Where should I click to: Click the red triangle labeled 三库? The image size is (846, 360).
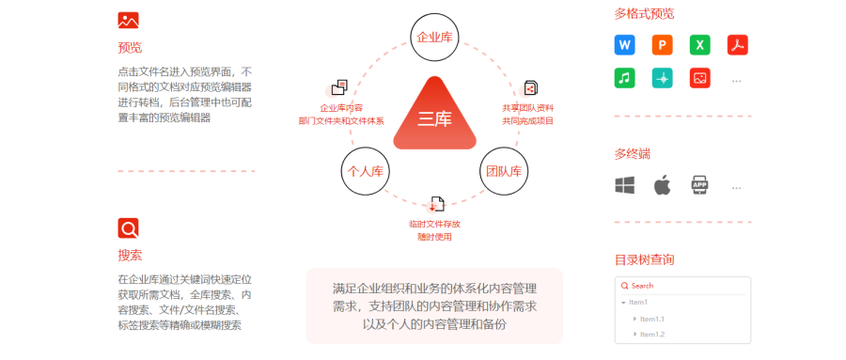434,117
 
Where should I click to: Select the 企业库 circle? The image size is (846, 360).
434,38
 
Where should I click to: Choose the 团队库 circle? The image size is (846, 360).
505,171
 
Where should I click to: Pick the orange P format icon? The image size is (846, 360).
663,45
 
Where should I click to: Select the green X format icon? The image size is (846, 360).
699,45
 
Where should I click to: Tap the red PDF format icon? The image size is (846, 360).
737,45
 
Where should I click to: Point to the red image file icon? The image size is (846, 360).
699,79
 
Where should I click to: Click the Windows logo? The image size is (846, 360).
625,185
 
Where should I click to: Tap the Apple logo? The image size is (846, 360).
663,185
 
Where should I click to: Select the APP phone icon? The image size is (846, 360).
699,185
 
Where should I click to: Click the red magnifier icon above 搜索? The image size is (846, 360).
129,227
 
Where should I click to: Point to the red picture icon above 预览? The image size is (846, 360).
129,20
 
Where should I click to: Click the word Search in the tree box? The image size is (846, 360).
642,286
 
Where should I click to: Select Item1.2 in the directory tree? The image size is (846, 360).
652,335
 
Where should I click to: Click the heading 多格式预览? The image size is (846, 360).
644,14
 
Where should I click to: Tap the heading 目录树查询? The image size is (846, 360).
644,258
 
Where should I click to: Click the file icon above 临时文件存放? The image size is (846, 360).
436,204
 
